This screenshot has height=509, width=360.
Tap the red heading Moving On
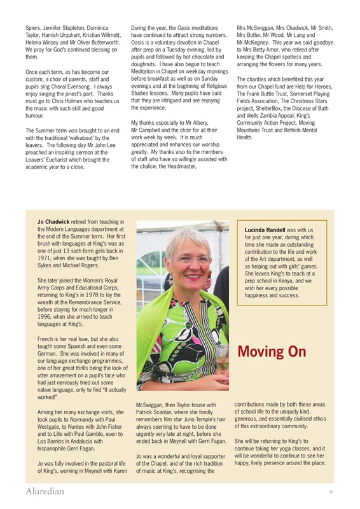coord(272,352)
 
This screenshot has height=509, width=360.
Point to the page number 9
coord(331,492)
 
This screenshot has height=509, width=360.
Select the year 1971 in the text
coord(46,260)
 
